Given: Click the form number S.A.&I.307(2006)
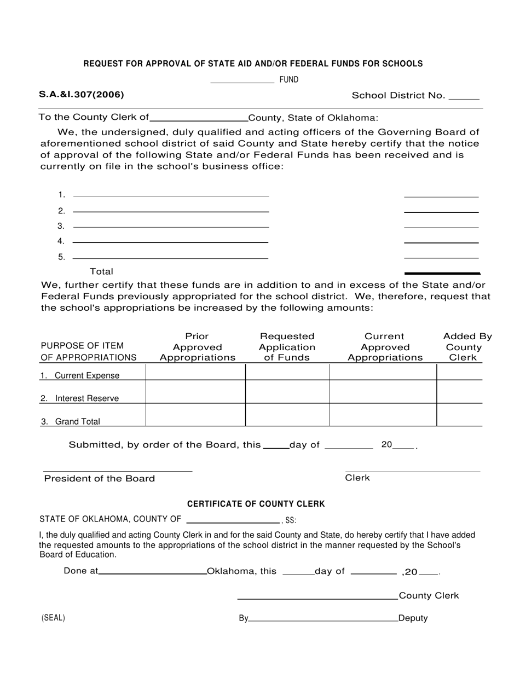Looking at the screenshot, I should point(82,95).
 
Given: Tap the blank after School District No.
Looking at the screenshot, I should point(464,97).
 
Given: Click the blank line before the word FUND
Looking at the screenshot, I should point(242,82).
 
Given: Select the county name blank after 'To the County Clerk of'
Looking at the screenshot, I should point(199,118).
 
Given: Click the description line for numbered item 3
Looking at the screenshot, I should point(171,226).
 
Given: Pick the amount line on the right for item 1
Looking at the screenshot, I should point(441,195).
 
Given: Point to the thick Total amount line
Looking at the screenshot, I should point(441,272).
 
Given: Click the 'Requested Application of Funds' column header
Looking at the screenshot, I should point(287,347).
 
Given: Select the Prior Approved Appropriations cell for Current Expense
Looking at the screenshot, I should point(195,372).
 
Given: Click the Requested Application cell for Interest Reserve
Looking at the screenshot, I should point(287,392).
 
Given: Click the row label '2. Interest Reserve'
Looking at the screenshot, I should point(79,398).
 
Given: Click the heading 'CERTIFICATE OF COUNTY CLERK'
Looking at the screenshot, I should point(256,504).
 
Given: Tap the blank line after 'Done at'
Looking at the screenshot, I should point(152,573).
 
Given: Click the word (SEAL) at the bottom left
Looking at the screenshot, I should point(53,618).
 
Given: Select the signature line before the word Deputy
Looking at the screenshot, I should point(323,620).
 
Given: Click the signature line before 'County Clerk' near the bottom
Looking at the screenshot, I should point(317,598).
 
